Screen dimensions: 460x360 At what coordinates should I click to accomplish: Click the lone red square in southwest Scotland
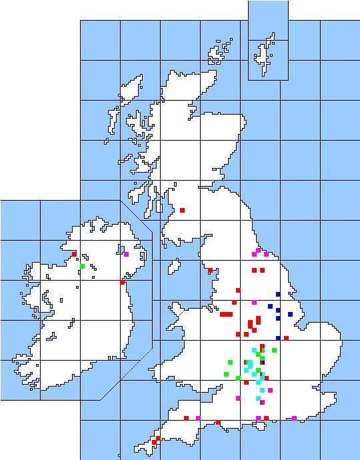click(x=182, y=210)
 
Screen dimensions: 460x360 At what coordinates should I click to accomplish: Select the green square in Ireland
click(x=82, y=267)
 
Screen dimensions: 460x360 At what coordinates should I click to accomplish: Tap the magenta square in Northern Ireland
click(x=126, y=254)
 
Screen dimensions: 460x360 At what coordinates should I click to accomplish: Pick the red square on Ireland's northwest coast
click(x=74, y=254)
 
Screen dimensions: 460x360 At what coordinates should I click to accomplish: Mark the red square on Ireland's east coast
click(x=122, y=282)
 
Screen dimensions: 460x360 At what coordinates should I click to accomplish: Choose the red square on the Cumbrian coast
click(x=210, y=271)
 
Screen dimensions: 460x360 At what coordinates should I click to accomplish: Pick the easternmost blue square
click(x=290, y=314)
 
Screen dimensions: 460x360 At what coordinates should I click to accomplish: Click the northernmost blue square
click(x=278, y=294)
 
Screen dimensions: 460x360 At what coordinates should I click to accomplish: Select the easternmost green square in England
click(x=274, y=350)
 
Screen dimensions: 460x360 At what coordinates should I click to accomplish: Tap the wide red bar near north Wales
click(x=227, y=314)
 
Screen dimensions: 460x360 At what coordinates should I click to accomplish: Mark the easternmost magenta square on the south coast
click(x=294, y=419)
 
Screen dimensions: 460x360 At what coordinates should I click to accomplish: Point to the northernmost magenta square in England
click(x=258, y=250)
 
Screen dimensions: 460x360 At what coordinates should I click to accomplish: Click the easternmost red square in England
click(x=286, y=338)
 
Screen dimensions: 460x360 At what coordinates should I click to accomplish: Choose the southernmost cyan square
click(x=258, y=398)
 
